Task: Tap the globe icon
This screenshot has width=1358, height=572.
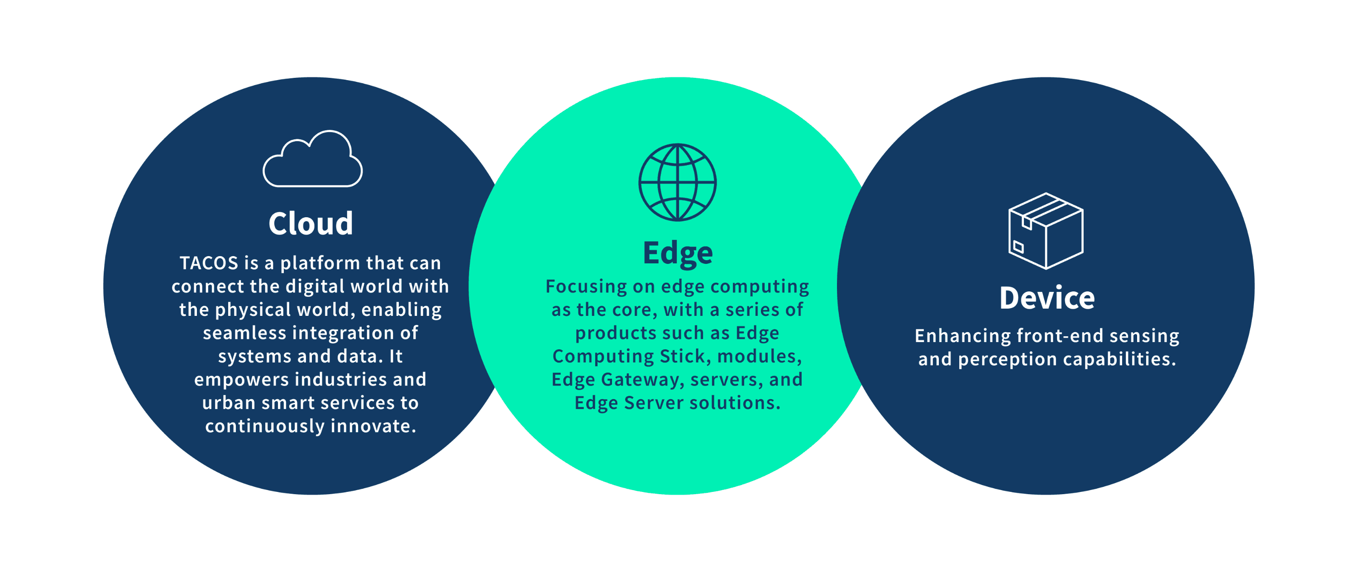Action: click(678, 182)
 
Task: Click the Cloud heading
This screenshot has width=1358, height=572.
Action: click(311, 223)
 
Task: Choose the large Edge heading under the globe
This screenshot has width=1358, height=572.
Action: click(678, 253)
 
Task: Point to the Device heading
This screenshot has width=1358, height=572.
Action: click(1047, 298)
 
